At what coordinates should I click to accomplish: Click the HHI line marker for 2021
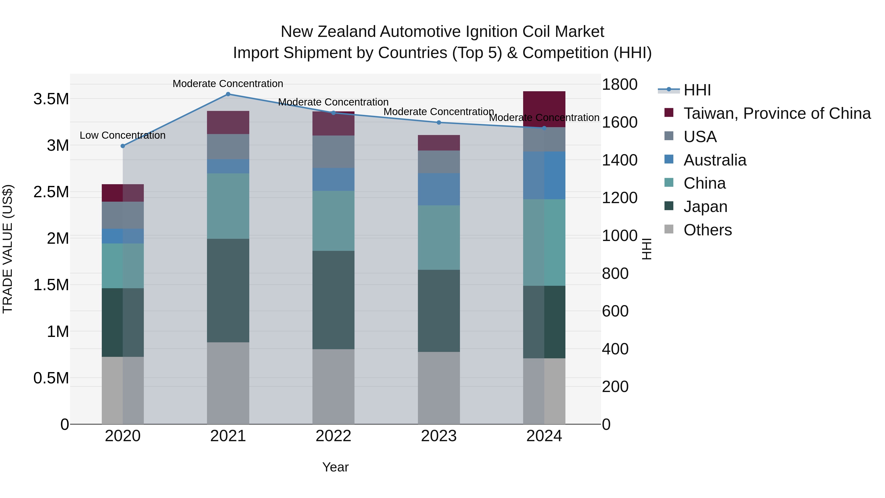pos(228,94)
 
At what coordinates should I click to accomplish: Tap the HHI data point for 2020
pos(123,146)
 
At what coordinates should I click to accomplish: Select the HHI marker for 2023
pos(439,123)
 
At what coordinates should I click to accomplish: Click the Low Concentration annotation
pos(123,136)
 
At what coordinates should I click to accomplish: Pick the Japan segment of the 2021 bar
pos(228,290)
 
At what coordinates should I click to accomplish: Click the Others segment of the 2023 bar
pos(439,388)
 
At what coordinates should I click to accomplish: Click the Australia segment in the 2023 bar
pos(439,189)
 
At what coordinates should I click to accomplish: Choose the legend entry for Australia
pos(715,160)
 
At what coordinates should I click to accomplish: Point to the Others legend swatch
pos(669,229)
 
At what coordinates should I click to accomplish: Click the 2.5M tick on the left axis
pos(51,192)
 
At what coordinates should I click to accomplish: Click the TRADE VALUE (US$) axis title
pos(8,249)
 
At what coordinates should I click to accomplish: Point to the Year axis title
pos(335,467)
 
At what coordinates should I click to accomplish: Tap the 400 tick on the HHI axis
pos(615,349)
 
